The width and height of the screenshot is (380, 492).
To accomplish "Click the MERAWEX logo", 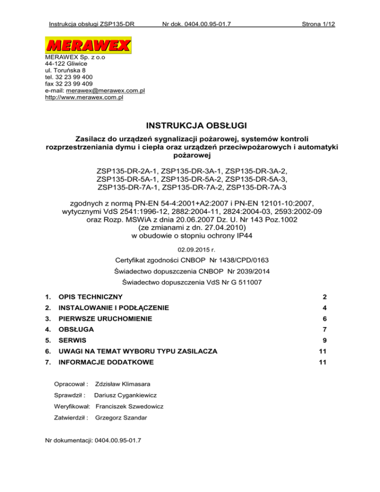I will (x=88, y=46).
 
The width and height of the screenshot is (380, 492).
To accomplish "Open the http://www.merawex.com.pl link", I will (x=84, y=98).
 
